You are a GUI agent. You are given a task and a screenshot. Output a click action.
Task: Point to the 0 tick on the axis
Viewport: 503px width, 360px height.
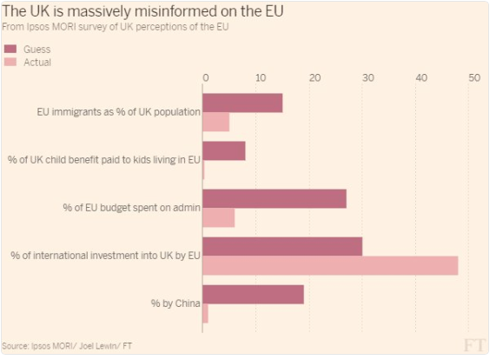click(x=205, y=78)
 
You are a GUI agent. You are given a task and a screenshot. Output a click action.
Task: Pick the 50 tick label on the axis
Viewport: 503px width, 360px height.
click(x=473, y=78)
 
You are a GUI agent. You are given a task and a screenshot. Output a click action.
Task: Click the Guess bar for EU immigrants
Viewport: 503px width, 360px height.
click(x=242, y=103)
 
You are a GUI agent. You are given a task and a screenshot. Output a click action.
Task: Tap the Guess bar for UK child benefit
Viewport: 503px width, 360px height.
click(x=224, y=150)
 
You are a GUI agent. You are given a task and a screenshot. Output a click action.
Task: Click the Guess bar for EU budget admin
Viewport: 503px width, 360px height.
click(x=275, y=198)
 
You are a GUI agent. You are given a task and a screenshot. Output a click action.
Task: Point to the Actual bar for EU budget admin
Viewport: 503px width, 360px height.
click(x=219, y=217)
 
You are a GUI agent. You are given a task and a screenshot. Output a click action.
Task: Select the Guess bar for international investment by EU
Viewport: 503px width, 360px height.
click(x=282, y=246)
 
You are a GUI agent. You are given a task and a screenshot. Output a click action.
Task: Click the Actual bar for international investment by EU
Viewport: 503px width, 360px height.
click(x=330, y=265)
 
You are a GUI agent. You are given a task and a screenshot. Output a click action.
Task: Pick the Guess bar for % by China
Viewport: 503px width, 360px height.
click(x=253, y=294)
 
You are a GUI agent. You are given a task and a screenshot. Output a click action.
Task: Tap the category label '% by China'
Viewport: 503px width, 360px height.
click(x=176, y=303)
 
